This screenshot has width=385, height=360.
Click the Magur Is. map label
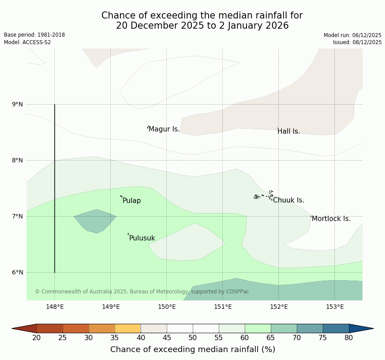(x=164, y=129)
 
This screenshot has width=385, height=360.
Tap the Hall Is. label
(x=289, y=131)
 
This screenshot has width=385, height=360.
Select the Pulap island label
(x=131, y=201)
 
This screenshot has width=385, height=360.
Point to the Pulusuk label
(x=142, y=238)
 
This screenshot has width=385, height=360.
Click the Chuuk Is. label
(x=288, y=200)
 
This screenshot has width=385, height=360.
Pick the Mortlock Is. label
(x=331, y=219)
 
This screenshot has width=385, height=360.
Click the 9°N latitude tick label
(x=18, y=105)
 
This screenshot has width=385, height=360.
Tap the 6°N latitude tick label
(x=18, y=272)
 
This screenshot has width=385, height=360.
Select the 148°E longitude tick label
(x=55, y=307)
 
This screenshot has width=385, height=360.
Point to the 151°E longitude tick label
(x=223, y=307)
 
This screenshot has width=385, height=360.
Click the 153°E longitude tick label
(x=335, y=307)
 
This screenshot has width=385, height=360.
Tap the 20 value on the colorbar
(x=37, y=338)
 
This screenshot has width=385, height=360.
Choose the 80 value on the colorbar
(x=348, y=338)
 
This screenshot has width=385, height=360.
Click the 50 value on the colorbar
(x=193, y=338)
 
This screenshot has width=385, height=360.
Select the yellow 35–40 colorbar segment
(x=127, y=328)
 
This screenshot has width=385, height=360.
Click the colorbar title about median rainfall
(x=193, y=349)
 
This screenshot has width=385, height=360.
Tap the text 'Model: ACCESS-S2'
(x=27, y=42)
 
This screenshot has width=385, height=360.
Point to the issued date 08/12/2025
(x=357, y=42)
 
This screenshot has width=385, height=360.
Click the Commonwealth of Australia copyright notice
(x=142, y=292)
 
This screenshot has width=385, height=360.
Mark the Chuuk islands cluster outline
(x=264, y=195)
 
